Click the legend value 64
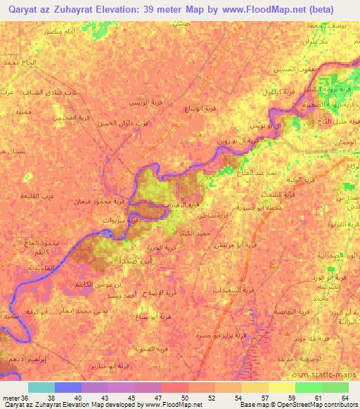345,398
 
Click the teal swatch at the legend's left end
41,387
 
